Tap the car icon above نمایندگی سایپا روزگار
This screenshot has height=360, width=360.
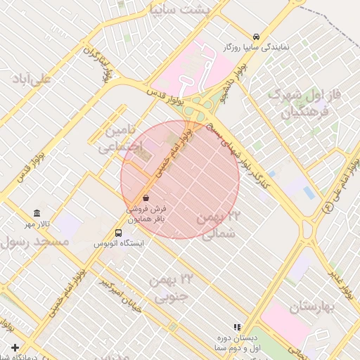point(256,37)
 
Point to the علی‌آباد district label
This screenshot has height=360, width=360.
point(32,79)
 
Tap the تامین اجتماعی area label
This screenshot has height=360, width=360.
point(120,140)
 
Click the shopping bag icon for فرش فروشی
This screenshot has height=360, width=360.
point(146,198)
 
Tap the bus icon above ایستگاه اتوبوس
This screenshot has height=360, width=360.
point(119,232)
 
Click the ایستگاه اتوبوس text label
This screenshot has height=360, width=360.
point(119,243)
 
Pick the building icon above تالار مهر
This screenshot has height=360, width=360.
point(37,213)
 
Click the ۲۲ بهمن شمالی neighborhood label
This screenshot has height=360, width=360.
point(219,225)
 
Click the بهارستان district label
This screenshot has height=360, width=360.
point(310,307)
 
